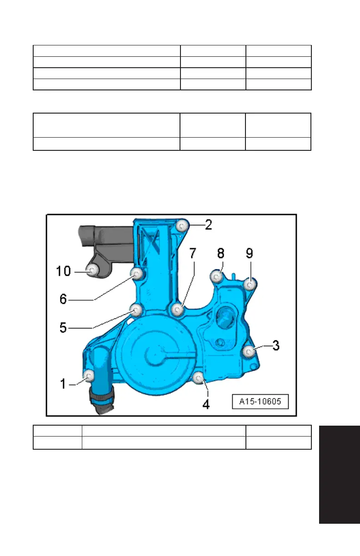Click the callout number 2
(x=209, y=225)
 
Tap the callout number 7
(x=193, y=253)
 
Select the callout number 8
(x=220, y=253)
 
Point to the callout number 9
(x=250, y=253)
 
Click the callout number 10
(x=64, y=271)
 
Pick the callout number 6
(x=63, y=299)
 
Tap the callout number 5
(x=63, y=328)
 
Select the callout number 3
(x=276, y=345)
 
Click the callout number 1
(x=63, y=384)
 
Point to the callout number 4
(x=206, y=405)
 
